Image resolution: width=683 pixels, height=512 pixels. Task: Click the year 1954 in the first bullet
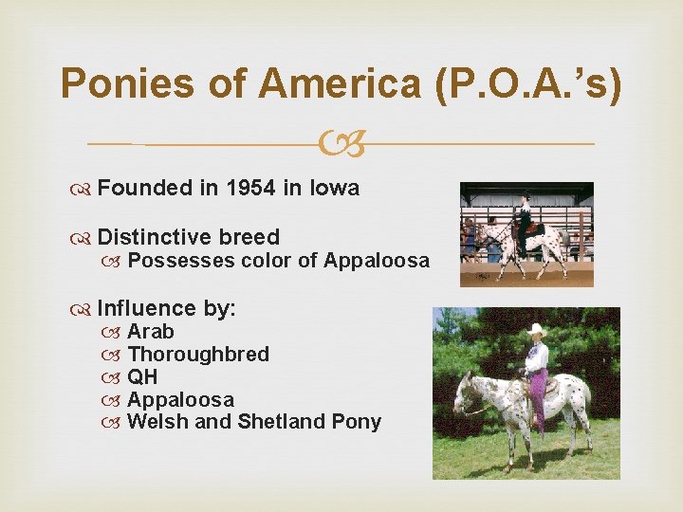(x=252, y=188)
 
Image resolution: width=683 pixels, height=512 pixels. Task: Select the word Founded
(x=145, y=188)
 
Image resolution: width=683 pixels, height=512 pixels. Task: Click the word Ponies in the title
(x=126, y=83)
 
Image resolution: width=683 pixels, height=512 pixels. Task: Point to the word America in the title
(x=339, y=83)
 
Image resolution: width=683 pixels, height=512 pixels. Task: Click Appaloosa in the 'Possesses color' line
(x=377, y=260)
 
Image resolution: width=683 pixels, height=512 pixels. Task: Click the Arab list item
(x=151, y=331)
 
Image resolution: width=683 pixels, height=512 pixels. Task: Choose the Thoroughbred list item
(x=198, y=354)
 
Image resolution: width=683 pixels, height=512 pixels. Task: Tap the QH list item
(x=142, y=376)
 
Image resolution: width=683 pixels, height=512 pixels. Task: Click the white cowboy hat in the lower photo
(x=537, y=329)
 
